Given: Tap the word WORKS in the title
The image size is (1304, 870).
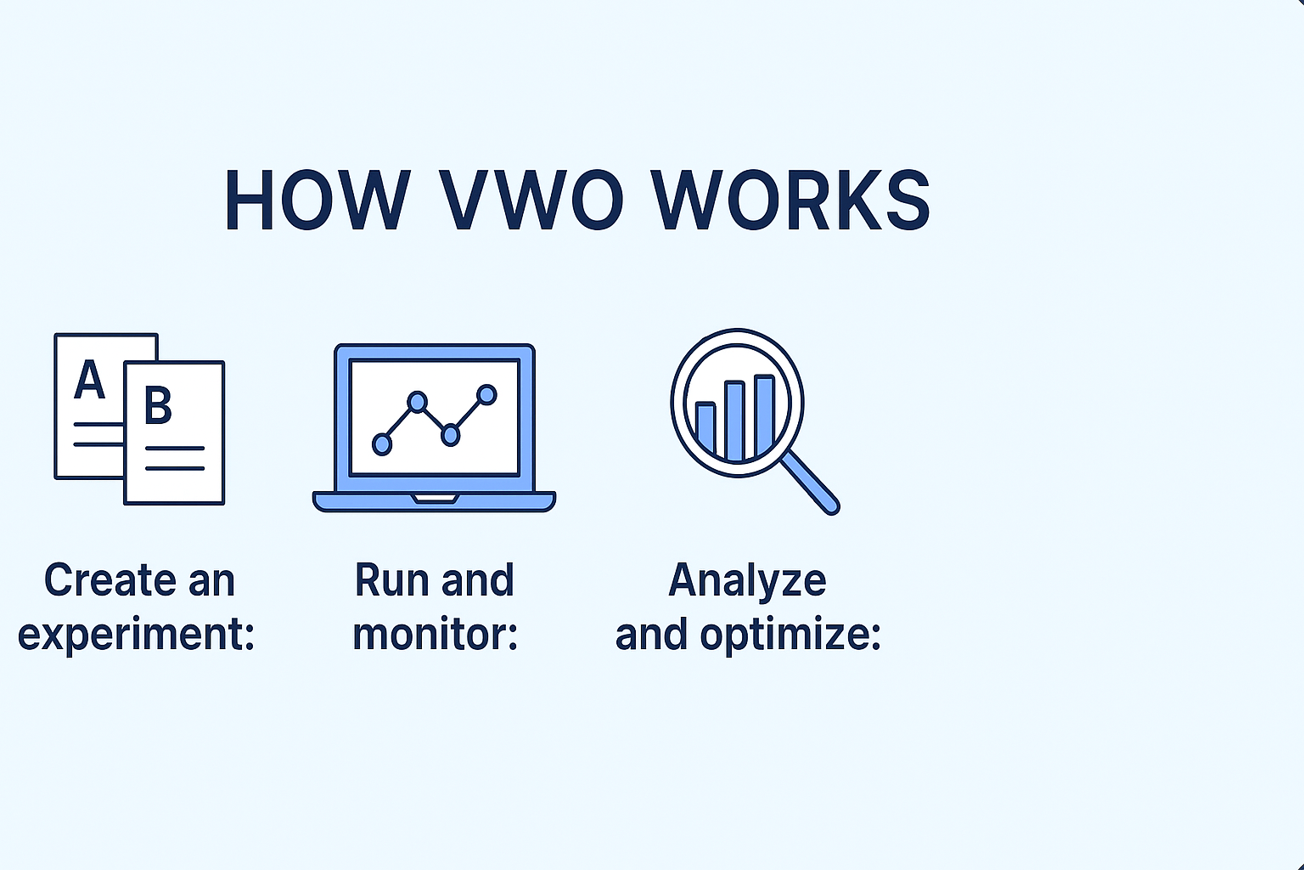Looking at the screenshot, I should click(791, 201).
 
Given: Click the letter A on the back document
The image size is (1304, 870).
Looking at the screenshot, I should click(89, 380).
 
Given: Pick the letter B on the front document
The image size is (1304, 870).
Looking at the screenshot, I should click(158, 405).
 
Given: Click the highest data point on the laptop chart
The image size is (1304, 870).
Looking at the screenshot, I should click(486, 394).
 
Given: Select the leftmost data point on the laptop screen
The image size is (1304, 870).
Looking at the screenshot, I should click(382, 443).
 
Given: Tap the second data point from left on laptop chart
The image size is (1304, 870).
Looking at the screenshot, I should click(417, 401).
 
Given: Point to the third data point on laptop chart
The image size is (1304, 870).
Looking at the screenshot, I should click(451, 435).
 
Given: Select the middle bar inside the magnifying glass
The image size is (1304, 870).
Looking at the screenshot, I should click(734, 420).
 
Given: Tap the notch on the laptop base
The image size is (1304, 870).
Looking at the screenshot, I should click(435, 498).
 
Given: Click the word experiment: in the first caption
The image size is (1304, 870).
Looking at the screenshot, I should click(137, 634).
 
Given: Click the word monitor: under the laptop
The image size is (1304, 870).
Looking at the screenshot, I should click(435, 634).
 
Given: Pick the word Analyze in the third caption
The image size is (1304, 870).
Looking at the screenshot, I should click(747, 580).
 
